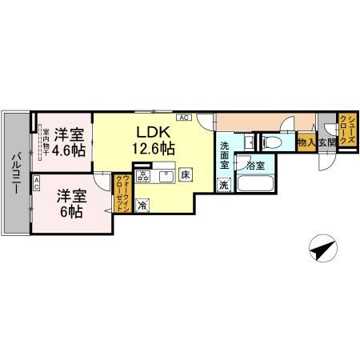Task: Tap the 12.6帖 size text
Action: tap(150, 147)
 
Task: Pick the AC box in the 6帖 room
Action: tap(38, 182)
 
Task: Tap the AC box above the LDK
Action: tap(183, 118)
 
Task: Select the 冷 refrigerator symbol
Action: tap(142, 205)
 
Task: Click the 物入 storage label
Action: tap(305, 142)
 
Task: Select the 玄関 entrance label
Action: tap(326, 142)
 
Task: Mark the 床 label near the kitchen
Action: tap(184, 174)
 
